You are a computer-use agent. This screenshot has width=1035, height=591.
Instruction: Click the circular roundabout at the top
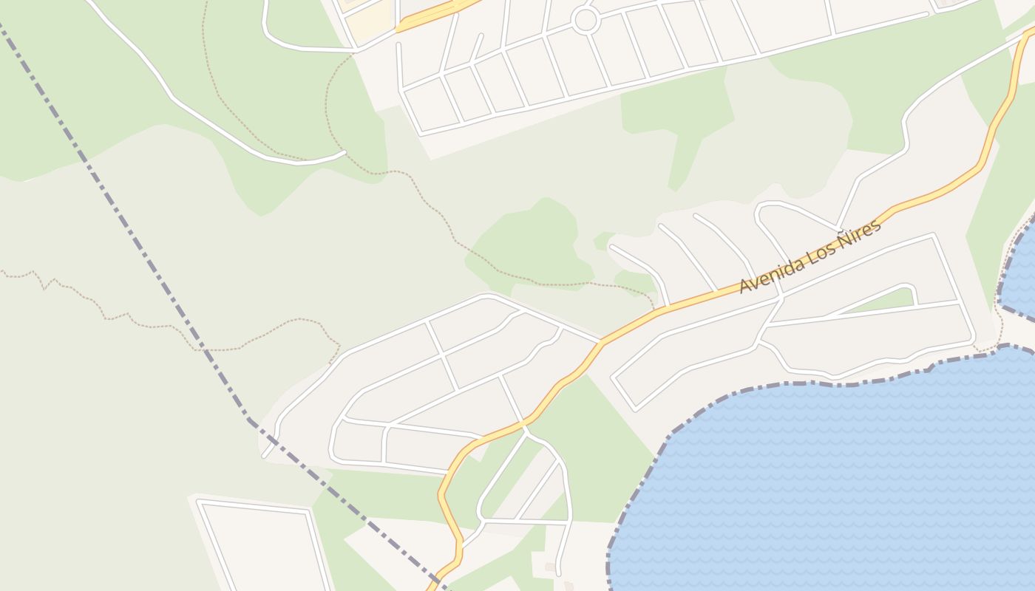(x=586, y=20)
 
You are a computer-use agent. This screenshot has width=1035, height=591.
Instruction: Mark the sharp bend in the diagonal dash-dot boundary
(x=250, y=420)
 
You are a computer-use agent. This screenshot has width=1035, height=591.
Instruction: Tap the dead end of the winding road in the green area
(x=344, y=153)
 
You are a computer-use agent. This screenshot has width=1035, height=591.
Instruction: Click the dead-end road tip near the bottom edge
(x=559, y=572)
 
